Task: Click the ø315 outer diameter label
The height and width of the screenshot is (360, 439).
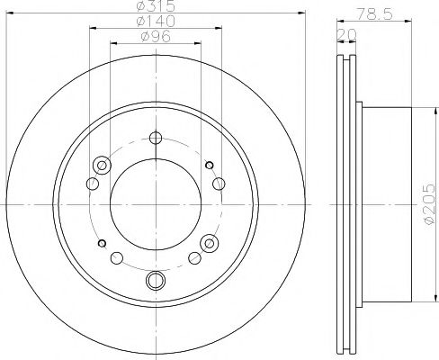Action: click(156, 6)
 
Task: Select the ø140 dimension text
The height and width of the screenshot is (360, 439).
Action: click(156, 21)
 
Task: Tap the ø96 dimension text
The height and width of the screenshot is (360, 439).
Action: click(156, 37)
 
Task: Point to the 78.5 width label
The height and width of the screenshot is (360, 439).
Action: click(374, 13)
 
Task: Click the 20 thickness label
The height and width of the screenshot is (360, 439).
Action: click(346, 35)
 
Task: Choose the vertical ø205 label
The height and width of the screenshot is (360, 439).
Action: click(429, 203)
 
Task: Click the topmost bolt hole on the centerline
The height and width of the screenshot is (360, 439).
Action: click(156, 138)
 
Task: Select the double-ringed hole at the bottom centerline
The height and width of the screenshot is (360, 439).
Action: click(156, 280)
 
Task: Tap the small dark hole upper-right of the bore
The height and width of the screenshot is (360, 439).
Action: click(210, 165)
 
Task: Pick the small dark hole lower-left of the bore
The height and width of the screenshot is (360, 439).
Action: click(102, 243)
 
